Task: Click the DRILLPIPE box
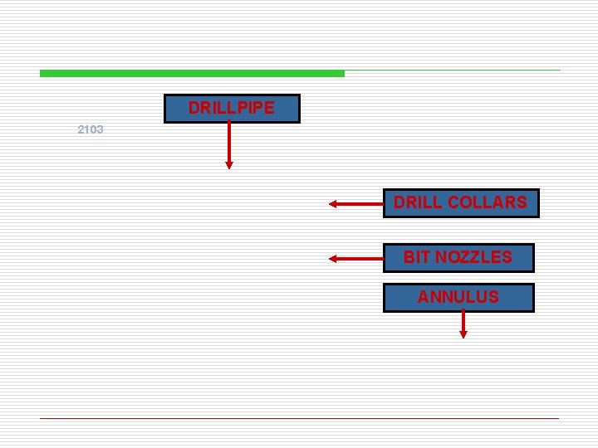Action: pyautogui.click(x=231, y=108)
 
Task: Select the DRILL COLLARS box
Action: pyautogui.click(x=460, y=202)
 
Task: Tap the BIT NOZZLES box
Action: pyautogui.click(x=458, y=257)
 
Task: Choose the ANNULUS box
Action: pyautogui.click(x=458, y=297)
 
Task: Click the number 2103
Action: pyautogui.click(x=90, y=129)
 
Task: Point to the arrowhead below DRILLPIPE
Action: pyautogui.click(x=229, y=164)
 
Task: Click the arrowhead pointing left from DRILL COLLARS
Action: pyautogui.click(x=333, y=203)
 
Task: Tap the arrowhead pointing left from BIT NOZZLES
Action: pyautogui.click(x=333, y=258)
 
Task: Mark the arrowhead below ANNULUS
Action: pyautogui.click(x=463, y=334)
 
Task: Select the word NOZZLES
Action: pyautogui.click(x=478, y=257)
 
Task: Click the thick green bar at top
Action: pyautogui.click(x=191, y=74)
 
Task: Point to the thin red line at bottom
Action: pyautogui.click(x=299, y=418)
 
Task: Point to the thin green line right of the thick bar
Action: pyautogui.click(x=453, y=71)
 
